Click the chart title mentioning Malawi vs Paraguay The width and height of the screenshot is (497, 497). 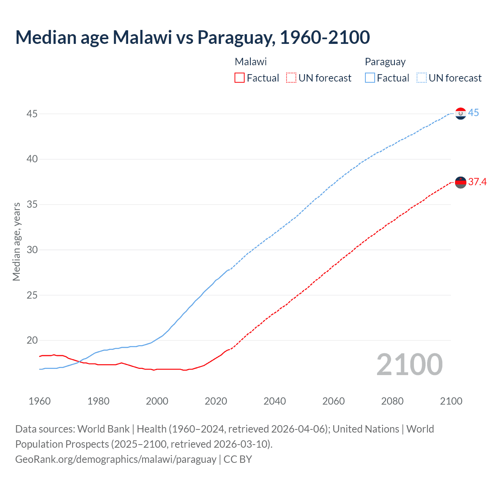click(x=193, y=37)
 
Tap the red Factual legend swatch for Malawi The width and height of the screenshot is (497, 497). click(x=240, y=78)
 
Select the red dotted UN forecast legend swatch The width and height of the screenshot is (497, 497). click(x=291, y=78)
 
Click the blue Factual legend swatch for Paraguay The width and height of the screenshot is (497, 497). click(x=370, y=78)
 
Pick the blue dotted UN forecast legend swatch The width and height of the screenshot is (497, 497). click(x=421, y=78)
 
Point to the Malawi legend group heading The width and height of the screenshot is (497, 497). click(x=250, y=62)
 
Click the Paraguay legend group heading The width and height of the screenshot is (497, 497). click(x=385, y=62)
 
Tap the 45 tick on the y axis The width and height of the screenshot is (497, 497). click(x=32, y=114)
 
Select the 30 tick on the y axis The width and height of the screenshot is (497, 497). click(x=32, y=250)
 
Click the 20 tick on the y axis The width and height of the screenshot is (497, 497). click(x=32, y=341)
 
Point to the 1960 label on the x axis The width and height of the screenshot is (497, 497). click(x=40, y=401)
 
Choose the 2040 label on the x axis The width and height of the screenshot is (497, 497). click(x=275, y=401)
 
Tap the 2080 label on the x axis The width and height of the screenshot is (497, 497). click(x=392, y=401)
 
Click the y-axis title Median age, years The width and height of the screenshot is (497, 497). click(x=16, y=241)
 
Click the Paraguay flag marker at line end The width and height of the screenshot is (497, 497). click(x=461, y=113)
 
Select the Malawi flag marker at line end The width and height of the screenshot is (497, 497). click(x=461, y=182)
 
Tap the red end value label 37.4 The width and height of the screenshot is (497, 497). click(x=477, y=182)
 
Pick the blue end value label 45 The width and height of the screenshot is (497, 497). click(x=473, y=113)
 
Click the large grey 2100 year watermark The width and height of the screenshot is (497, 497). click(x=409, y=364)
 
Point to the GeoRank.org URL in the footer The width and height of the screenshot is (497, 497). click(x=116, y=459)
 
